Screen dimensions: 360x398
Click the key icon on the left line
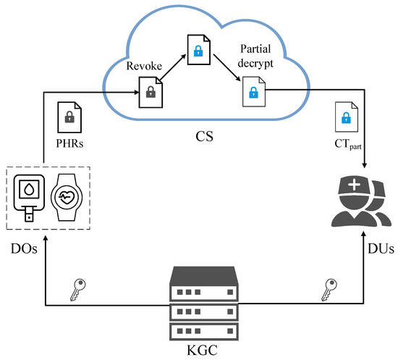[78, 291]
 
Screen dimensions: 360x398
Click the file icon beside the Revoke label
[150, 93]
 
